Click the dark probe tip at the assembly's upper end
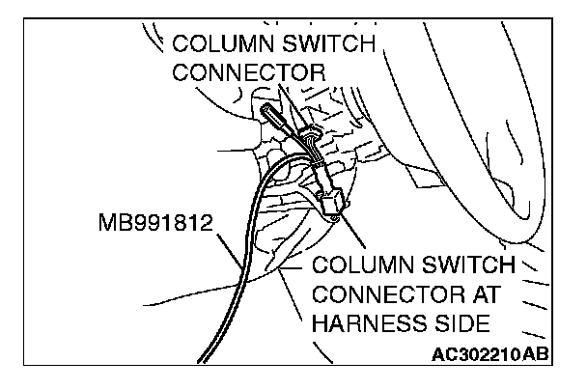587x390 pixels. coord(269,115)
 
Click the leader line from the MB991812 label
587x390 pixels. coord(229,247)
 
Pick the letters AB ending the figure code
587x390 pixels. coord(537,353)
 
